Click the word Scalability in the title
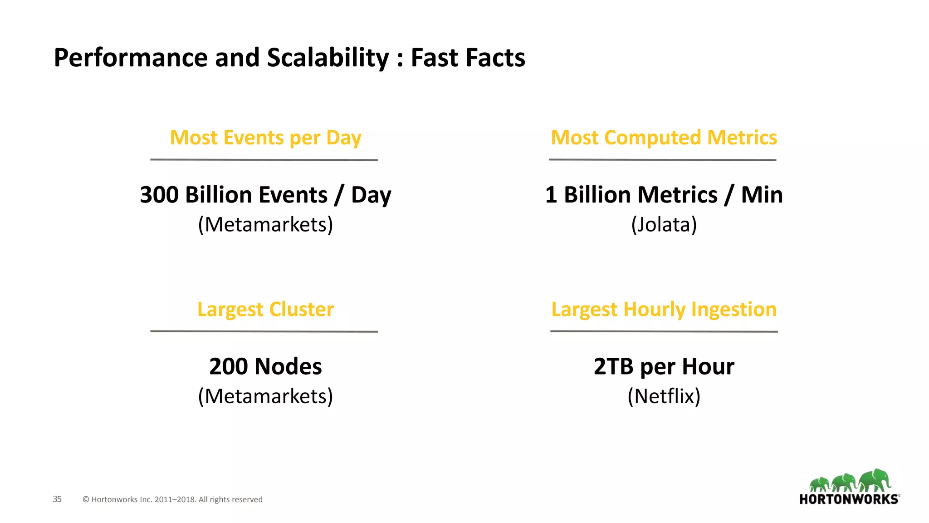[328, 58]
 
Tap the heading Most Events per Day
[265, 138]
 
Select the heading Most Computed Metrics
[664, 138]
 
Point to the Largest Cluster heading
[265, 310]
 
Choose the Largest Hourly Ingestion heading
[664, 310]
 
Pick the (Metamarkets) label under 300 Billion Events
[265, 225]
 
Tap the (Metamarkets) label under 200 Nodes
[265, 396]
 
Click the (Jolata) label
[664, 225]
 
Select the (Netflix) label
[664, 396]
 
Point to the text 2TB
[613, 367]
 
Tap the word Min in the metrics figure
[762, 195]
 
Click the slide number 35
[57, 499]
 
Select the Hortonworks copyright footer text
[172, 500]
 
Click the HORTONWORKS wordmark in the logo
[849, 499]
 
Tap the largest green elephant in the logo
[875, 480]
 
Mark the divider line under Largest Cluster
[264, 331]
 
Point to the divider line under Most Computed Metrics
[662, 160]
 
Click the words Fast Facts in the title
[468, 58]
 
